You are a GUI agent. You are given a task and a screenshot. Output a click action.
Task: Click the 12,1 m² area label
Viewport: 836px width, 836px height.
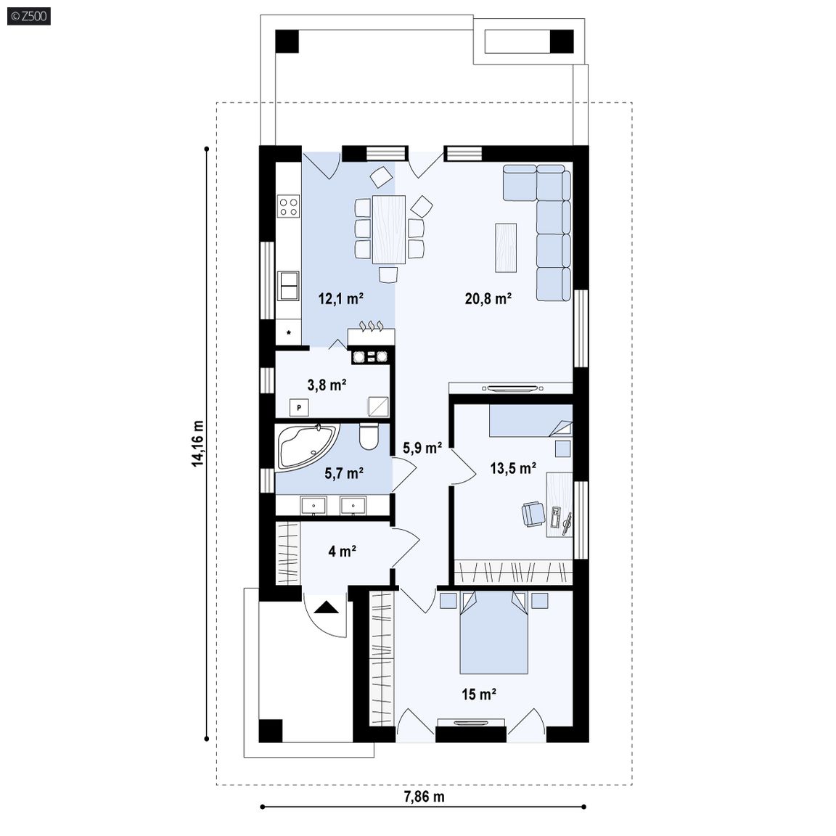[340, 298]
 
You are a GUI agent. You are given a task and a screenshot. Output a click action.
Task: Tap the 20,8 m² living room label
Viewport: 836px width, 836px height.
[488, 298]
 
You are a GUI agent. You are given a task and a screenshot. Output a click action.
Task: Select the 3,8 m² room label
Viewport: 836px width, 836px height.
[327, 385]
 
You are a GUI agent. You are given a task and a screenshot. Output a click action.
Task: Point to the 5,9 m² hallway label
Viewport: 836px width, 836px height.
[422, 448]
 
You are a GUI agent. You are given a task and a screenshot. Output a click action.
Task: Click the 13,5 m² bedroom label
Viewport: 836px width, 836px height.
[513, 469]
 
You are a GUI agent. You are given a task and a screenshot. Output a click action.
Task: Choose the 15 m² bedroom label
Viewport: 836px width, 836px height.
[479, 694]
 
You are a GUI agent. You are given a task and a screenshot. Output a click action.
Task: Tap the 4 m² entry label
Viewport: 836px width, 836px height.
[342, 552]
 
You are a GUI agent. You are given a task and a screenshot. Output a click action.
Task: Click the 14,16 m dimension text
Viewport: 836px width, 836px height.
[198, 443]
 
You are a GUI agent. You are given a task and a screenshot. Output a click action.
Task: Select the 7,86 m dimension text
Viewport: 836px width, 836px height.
[425, 797]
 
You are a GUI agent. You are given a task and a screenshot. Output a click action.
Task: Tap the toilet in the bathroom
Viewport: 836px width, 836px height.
[369, 436]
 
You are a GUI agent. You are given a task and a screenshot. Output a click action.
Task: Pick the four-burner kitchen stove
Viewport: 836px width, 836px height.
[288, 206]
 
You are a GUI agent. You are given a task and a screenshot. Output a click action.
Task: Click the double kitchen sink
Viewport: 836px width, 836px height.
[288, 286]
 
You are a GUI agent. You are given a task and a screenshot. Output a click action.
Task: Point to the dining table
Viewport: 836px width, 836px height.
[389, 230]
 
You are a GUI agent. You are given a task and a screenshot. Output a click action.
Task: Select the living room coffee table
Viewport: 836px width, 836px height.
[505, 248]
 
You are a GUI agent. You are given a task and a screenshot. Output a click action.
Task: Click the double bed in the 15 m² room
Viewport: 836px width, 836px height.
[493, 632]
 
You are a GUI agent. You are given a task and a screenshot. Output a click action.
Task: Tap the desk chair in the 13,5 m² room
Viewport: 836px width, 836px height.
[533, 514]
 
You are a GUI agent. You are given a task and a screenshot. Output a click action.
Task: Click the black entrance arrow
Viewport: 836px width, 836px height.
[327, 608]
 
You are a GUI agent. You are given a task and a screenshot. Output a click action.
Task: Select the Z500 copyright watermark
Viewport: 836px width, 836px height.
[29, 17]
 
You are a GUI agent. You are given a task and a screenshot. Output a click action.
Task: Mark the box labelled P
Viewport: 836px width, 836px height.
[299, 408]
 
